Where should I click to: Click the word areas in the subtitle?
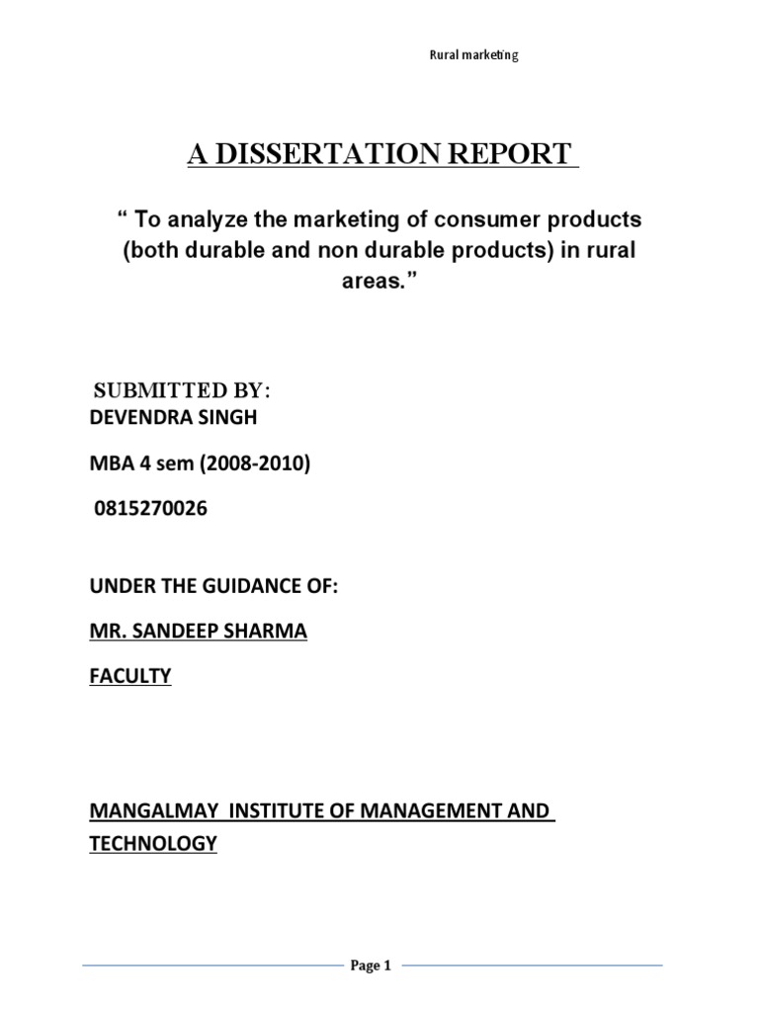[x=381, y=283]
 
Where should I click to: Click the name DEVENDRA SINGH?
[x=173, y=417]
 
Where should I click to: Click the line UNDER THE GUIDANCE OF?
[x=213, y=587]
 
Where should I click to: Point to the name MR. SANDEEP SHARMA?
[x=198, y=632]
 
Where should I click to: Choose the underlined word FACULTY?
[x=129, y=676]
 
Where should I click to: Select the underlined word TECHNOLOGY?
[x=153, y=845]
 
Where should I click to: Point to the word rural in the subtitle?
[x=611, y=250]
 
